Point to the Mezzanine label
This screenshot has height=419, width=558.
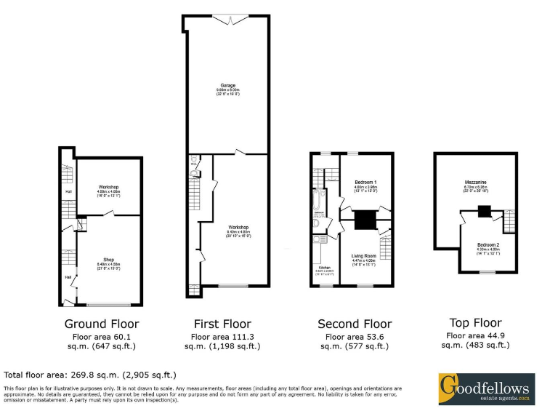pos(475,182)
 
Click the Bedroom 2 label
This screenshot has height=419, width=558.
pos(488,245)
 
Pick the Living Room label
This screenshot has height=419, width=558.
pos(363,256)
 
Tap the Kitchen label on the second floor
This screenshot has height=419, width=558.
pos(324,268)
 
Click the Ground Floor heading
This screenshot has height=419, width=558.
pos(102,324)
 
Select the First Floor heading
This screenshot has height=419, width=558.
pos(222,324)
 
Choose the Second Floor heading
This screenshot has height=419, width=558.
pos(355,324)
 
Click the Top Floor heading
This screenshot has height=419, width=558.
pos(476,323)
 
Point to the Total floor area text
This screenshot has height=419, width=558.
pos(91,375)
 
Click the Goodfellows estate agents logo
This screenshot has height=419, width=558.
pos(485,388)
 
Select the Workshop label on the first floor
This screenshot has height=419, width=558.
pos(238,228)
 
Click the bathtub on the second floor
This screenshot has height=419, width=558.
pos(317,200)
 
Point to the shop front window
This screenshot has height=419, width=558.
pos(109,304)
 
